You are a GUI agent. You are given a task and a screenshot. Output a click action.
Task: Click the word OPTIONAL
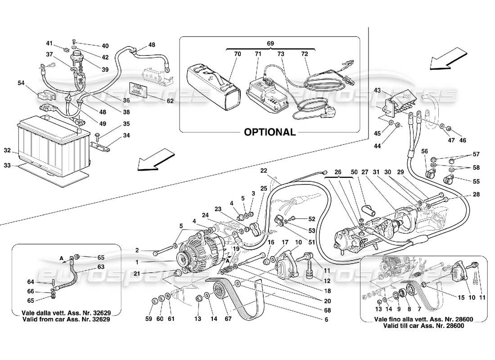coord(270,132)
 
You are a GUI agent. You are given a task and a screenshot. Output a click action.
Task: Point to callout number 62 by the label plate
coord(170,101)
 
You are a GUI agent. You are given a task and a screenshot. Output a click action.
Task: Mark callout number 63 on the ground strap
coord(101,267)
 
